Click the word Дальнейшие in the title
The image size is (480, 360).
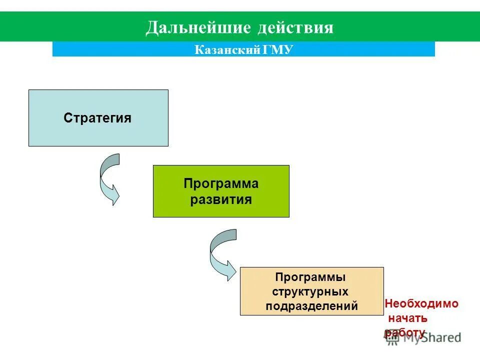pos(197,27)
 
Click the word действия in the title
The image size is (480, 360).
pos(295,27)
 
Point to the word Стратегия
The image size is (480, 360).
pos(97,118)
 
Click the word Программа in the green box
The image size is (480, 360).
pos(221,183)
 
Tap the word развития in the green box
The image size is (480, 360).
pos(220,200)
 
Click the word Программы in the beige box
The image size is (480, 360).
pos(311,276)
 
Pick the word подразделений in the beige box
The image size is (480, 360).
pos(311,306)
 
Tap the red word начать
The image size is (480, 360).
pos(407,318)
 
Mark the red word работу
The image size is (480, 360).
pos(405,331)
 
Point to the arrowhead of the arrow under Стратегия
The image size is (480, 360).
pos(115,195)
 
